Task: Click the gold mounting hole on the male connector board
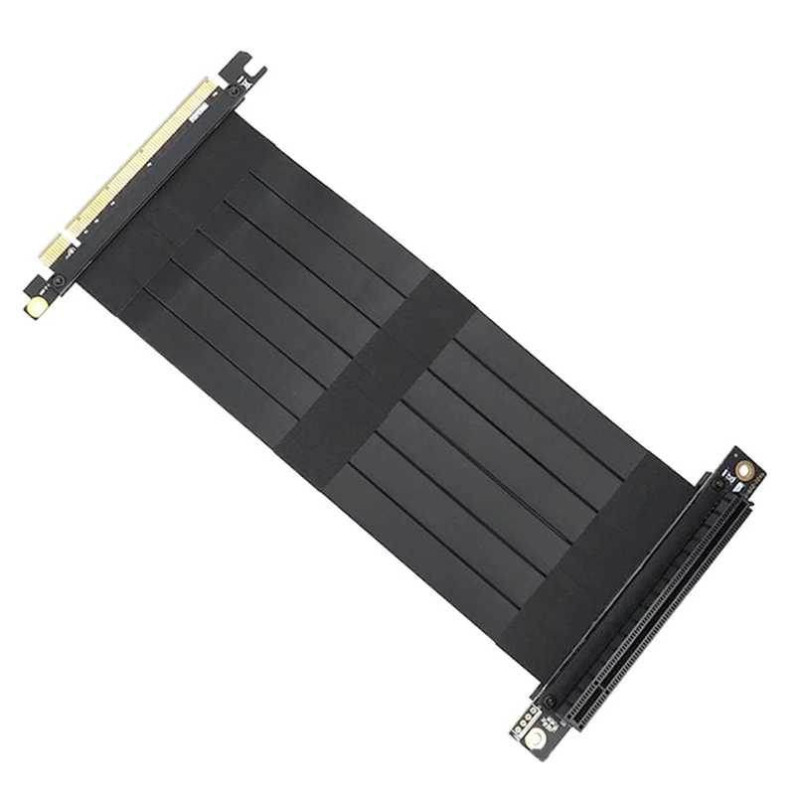(37, 307)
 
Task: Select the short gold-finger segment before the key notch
(55, 247)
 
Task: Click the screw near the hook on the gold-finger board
(234, 91)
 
